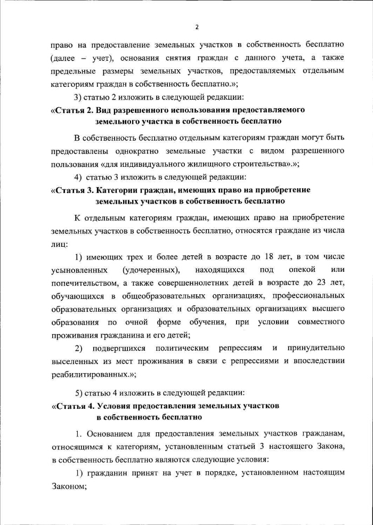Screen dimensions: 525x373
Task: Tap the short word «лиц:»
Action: (x=59, y=244)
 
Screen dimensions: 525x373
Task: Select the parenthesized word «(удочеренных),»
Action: (x=151, y=270)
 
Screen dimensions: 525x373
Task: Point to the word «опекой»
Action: (x=302, y=270)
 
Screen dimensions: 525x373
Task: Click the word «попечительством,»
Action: (x=83, y=282)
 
